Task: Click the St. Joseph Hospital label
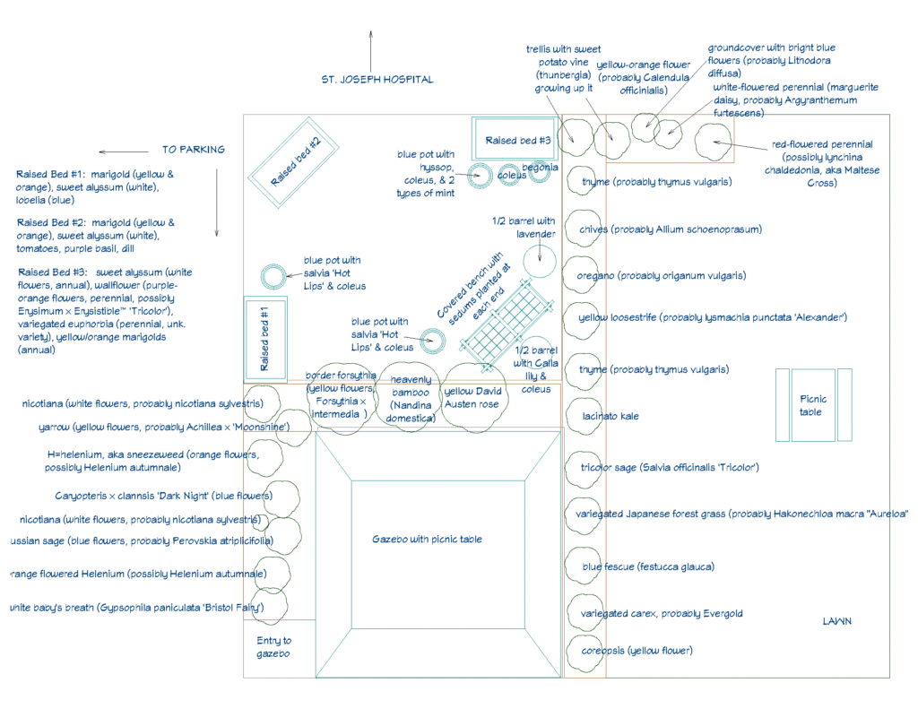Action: tap(377, 79)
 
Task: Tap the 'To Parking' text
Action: tap(194, 150)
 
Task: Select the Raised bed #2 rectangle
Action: tap(293, 162)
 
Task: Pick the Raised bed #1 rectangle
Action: tap(264, 339)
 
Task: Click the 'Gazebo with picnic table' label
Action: tap(427, 540)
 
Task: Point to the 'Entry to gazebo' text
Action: tap(274, 647)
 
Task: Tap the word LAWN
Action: tap(837, 621)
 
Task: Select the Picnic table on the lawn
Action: tap(813, 405)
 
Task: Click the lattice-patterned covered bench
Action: tap(504, 323)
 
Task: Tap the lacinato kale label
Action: tap(611, 416)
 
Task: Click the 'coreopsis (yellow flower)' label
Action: tap(637, 651)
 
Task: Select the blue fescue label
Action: tap(635, 566)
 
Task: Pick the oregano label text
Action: tap(663, 276)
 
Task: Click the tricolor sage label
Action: tap(670, 467)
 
